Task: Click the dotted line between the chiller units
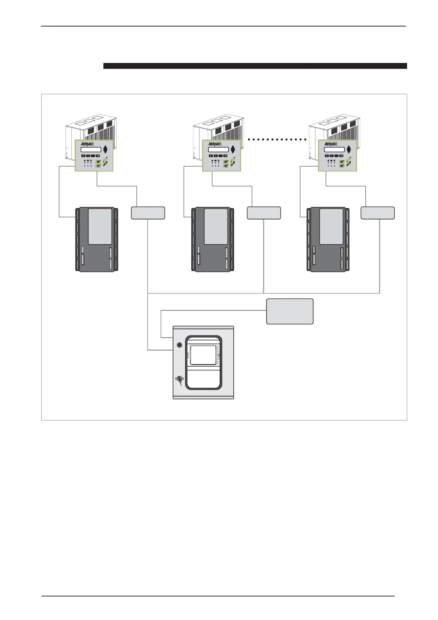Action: coord(278,140)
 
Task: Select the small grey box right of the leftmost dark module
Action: coord(148,213)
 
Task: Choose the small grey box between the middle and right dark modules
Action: coord(264,213)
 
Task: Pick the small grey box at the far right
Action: coord(378,213)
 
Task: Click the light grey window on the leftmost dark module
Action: coord(100,226)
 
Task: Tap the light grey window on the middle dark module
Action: coord(216,226)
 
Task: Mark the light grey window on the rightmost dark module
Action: coord(331,226)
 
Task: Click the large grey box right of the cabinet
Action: coord(290,311)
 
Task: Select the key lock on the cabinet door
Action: coord(179,379)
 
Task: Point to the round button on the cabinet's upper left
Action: coord(179,345)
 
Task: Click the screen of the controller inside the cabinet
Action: coord(202,355)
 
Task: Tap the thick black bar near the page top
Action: coord(255,66)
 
